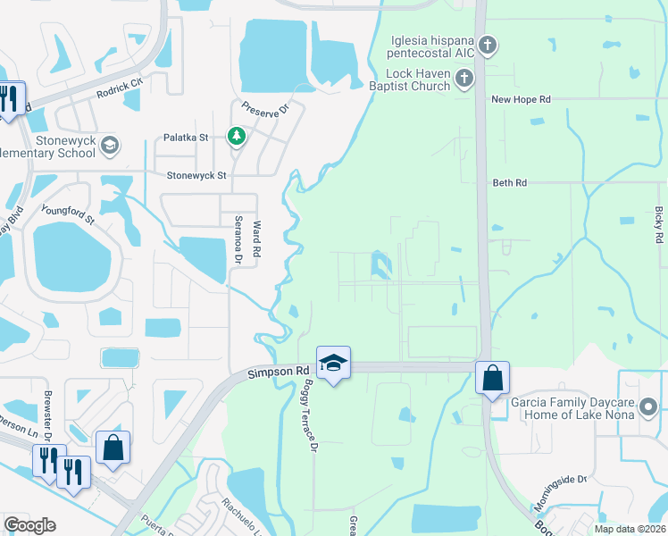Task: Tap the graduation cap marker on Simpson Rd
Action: click(333, 363)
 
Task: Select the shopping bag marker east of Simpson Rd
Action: click(492, 378)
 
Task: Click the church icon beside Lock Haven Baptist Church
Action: click(463, 80)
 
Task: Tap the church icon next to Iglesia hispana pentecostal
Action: click(487, 45)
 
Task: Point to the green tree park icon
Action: click(237, 136)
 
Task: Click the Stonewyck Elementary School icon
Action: click(109, 145)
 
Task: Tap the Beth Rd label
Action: click(510, 182)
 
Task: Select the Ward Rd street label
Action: click(255, 240)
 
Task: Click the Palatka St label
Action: click(185, 138)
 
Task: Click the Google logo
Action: click(29, 525)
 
